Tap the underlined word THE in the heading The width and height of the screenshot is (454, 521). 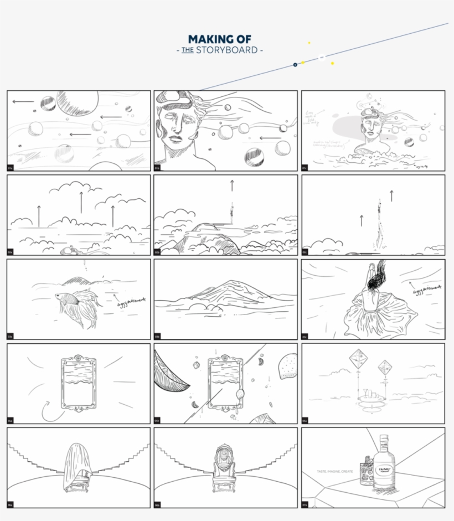point(187,50)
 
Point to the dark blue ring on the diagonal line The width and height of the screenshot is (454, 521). point(295,65)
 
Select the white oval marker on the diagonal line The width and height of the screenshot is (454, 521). point(322,56)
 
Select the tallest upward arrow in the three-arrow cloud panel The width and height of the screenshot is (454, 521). point(81,202)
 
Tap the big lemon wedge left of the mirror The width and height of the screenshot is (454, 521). point(169,376)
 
